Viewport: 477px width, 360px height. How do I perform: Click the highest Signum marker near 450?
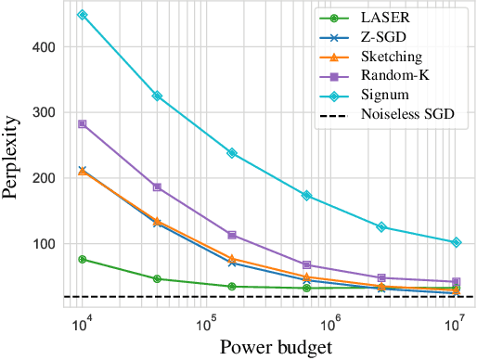click(83, 15)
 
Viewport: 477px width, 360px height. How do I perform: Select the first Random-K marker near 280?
click(83, 123)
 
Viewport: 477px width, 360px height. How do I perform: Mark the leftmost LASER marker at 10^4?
click(83, 260)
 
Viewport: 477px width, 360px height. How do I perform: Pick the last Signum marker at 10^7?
click(455, 242)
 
